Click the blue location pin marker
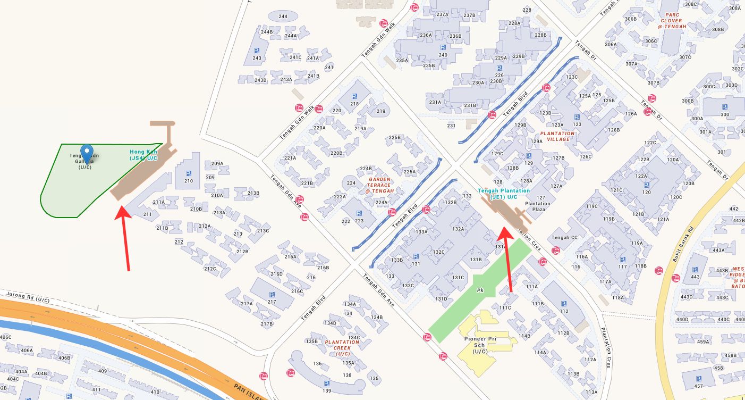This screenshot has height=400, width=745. point(86,151)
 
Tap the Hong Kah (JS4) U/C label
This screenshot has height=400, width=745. point(143,155)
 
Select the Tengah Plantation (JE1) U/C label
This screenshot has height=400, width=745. point(504,194)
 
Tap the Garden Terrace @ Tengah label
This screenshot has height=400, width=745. point(379,185)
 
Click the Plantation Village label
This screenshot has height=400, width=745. point(557,137)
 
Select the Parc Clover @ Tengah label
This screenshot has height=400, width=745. point(672,21)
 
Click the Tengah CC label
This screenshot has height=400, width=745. point(564,237)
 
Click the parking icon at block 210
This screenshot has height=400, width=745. point(188,173)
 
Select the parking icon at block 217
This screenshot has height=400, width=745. point(272,295)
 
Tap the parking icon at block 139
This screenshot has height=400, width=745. point(326,384)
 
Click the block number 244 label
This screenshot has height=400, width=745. point(283,16)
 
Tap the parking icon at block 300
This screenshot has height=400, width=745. point(724,107)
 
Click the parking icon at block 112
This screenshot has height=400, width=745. point(563,304)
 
